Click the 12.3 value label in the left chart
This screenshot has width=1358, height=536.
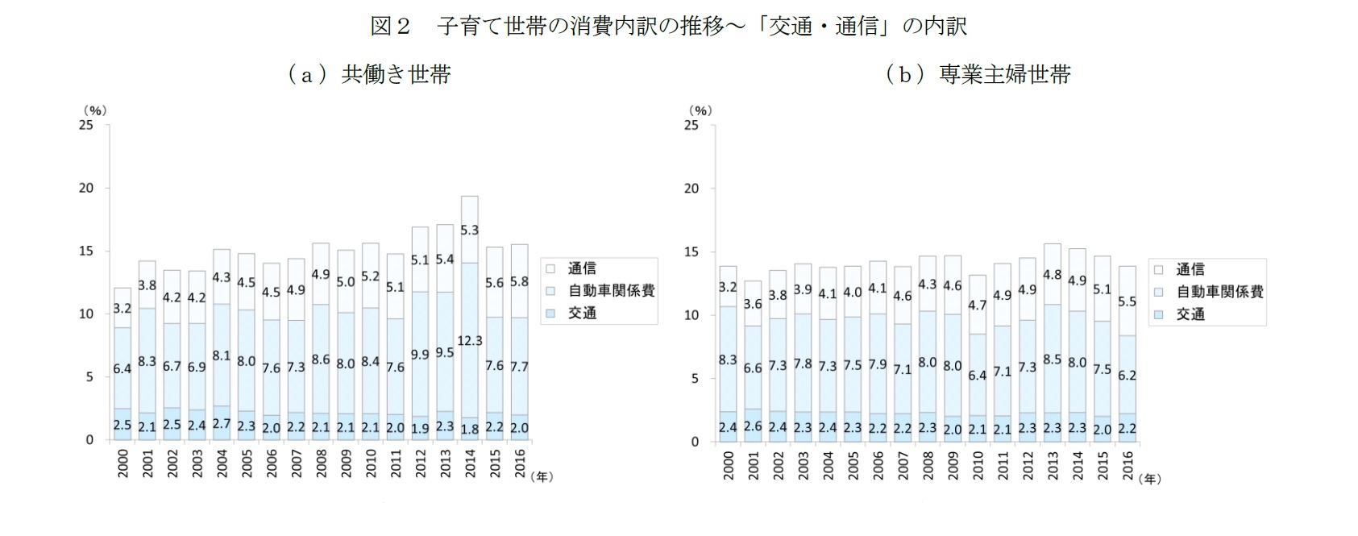pyautogui.click(x=469, y=341)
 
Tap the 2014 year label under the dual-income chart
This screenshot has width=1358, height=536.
pyautogui.click(x=470, y=463)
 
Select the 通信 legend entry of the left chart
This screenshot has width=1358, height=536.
pyautogui.click(x=580, y=268)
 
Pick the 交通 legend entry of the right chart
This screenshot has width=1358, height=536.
pyautogui.click(x=1190, y=314)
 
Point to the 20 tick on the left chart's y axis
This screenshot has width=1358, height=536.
pyautogui.click(x=85, y=188)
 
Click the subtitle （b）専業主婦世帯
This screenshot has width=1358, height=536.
pyautogui.click(x=978, y=75)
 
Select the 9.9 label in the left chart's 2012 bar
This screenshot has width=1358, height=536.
pyautogui.click(x=419, y=354)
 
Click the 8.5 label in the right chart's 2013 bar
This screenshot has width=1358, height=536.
pyautogui.click(x=1052, y=359)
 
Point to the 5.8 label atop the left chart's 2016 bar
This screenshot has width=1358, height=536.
pyautogui.click(x=519, y=282)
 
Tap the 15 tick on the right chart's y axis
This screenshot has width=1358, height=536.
pyautogui.click(x=691, y=252)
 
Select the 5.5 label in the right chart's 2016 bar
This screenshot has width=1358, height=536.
pyautogui.click(x=1127, y=301)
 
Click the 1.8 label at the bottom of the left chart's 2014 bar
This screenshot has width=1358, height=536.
pyautogui.click(x=469, y=430)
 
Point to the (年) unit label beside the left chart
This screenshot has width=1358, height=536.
pyautogui.click(x=542, y=476)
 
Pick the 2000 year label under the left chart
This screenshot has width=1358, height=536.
pyautogui.click(x=123, y=463)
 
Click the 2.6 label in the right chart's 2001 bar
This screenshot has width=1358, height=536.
pyautogui.click(x=753, y=428)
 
